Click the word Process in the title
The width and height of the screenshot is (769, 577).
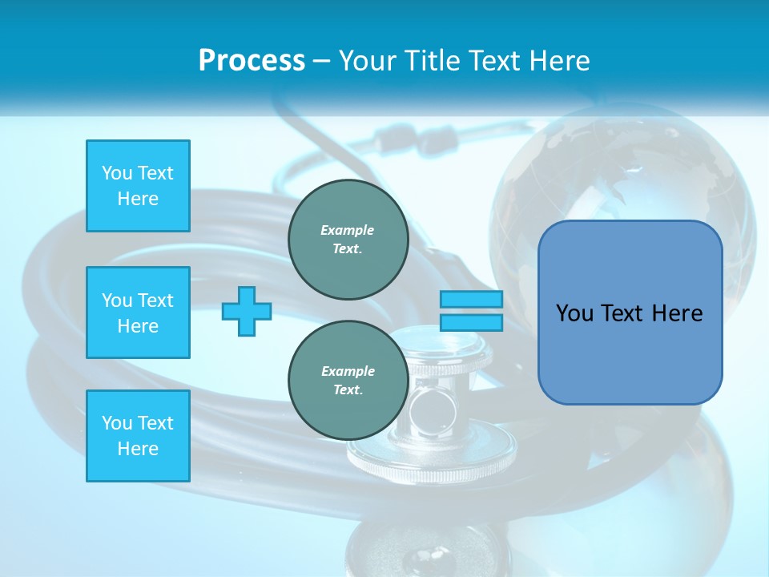[x=252, y=61]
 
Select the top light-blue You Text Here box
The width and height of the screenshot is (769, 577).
[x=138, y=186]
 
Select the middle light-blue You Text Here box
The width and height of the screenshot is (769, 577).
[x=138, y=313]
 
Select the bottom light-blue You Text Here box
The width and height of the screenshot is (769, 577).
[x=138, y=436]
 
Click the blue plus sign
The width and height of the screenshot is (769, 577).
[x=247, y=311]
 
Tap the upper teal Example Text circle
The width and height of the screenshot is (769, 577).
[x=348, y=240]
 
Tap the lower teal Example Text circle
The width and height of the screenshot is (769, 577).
[x=348, y=381]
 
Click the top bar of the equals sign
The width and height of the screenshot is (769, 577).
[x=471, y=300]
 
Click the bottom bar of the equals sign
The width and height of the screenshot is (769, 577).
[x=471, y=322]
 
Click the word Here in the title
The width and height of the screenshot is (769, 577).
[x=558, y=61]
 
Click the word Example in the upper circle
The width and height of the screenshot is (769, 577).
[x=348, y=230]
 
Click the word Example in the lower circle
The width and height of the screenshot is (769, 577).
[x=348, y=371]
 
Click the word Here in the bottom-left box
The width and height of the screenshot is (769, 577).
[x=138, y=449]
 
